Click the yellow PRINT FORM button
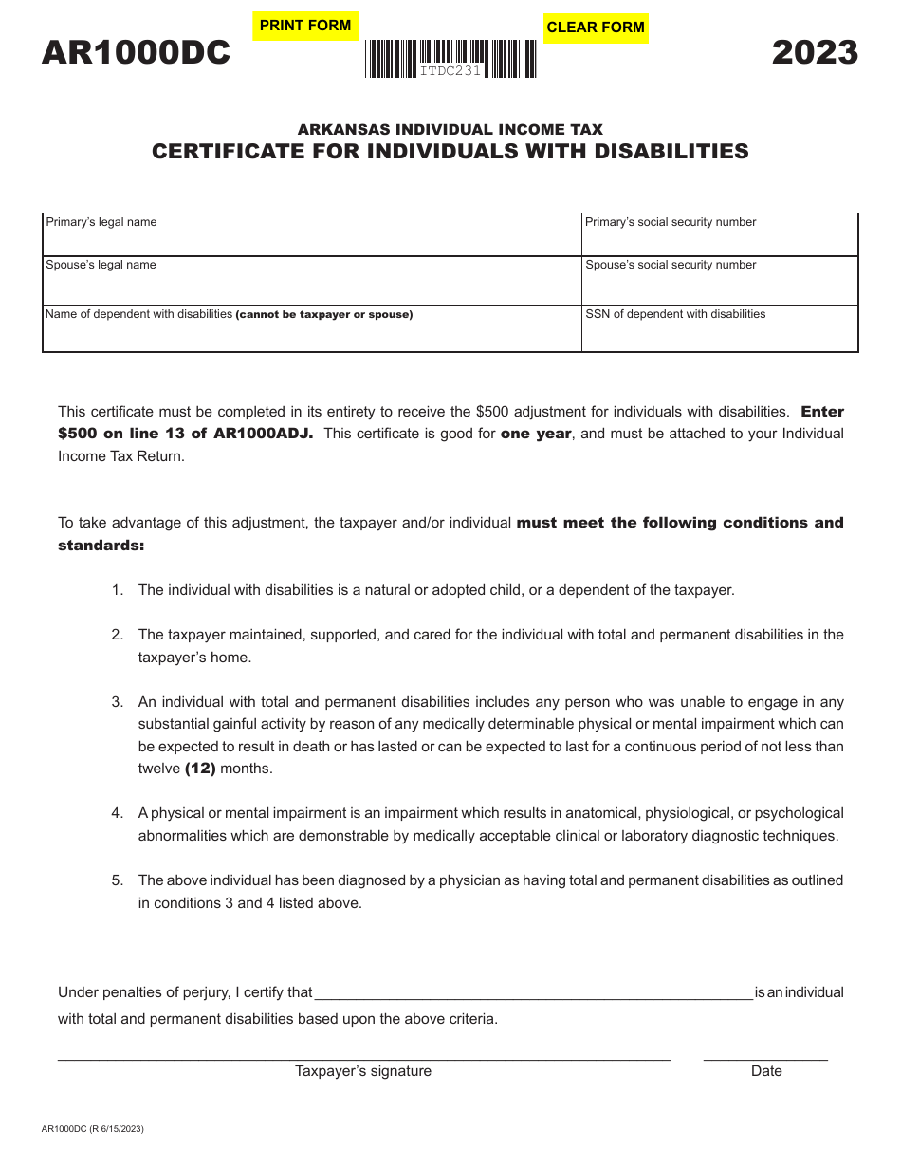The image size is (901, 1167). (304, 26)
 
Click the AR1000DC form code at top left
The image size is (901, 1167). (136, 53)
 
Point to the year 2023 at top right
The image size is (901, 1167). (815, 52)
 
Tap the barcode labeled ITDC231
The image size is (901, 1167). (450, 58)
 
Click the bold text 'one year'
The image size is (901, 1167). (536, 434)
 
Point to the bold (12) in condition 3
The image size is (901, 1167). (200, 769)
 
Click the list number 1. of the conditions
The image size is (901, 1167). (118, 590)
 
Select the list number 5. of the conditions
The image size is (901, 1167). (118, 880)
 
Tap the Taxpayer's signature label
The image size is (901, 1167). (362, 1071)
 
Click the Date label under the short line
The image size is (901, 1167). (766, 1071)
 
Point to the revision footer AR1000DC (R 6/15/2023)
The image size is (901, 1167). (93, 1129)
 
